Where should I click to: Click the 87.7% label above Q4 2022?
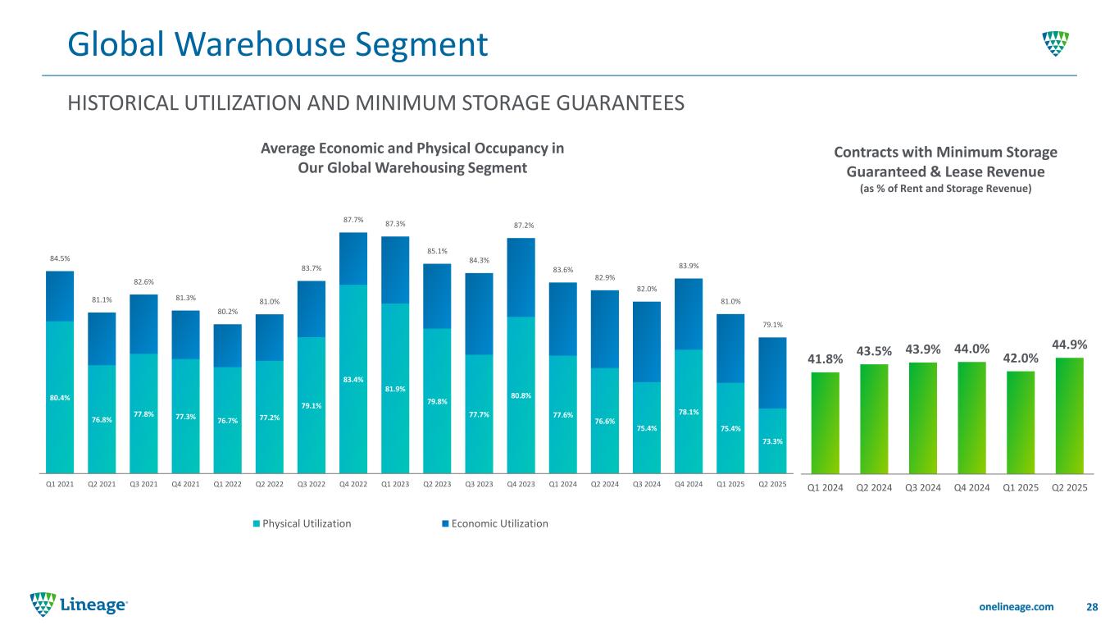[x=353, y=220]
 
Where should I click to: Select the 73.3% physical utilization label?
[x=772, y=441]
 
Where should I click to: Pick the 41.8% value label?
[x=826, y=358]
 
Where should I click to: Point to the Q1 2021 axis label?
[x=60, y=484]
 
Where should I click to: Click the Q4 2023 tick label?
[x=521, y=484]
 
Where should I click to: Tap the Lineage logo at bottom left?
[x=79, y=605]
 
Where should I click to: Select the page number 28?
[x=1091, y=606]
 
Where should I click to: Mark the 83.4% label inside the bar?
[x=353, y=379]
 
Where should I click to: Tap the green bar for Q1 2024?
[x=826, y=422]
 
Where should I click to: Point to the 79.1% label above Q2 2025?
[x=772, y=325]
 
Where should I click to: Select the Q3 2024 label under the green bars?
[x=923, y=486]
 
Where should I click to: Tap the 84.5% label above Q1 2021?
[x=60, y=258]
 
